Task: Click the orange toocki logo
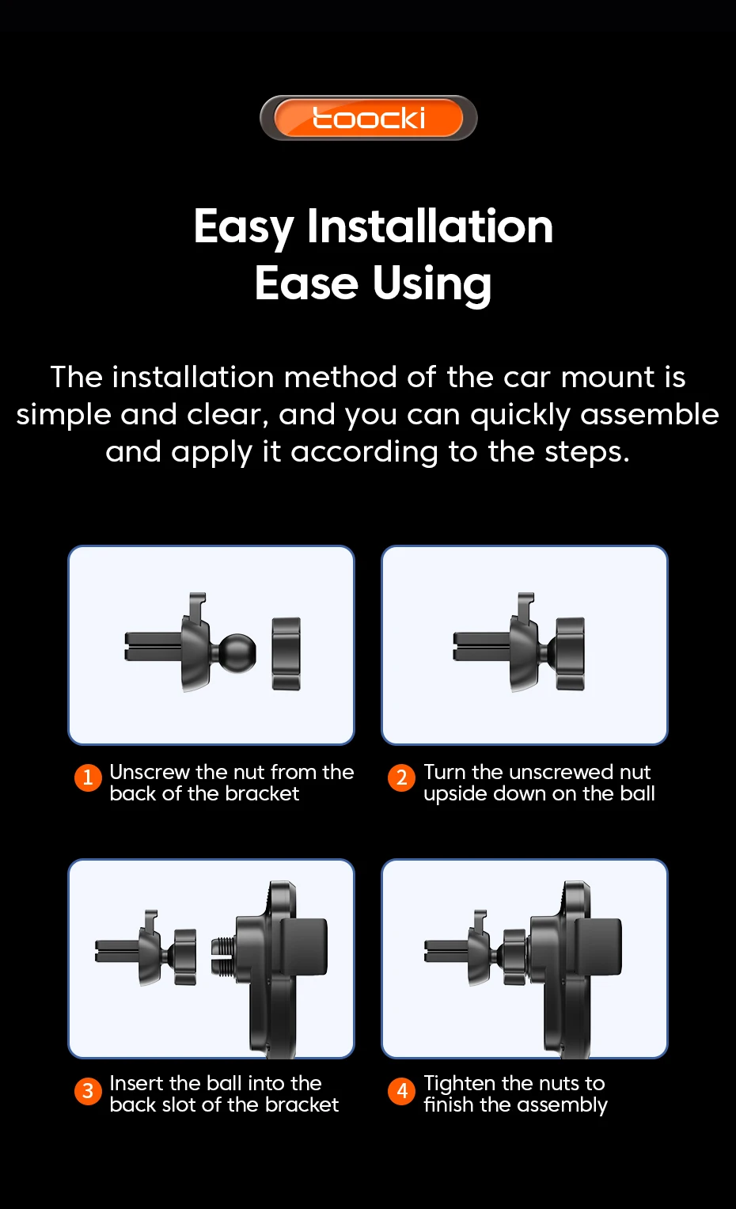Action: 369,118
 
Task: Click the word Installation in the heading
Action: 430,226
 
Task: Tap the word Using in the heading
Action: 432,284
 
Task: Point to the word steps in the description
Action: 587,452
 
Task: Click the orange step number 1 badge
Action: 88,777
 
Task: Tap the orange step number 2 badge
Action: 401,777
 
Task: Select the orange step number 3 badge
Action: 88,1091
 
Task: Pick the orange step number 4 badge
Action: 401,1091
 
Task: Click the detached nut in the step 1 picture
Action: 286,654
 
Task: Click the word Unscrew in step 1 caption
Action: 150,773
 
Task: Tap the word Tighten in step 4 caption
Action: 459,1084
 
